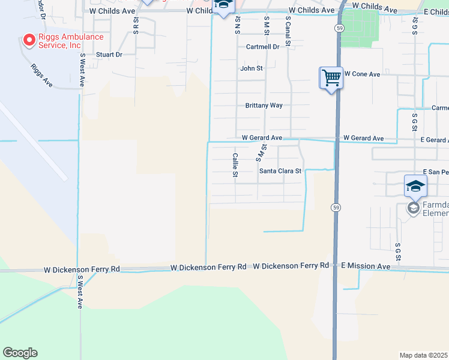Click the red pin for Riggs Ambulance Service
[x=28, y=40]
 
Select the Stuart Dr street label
[x=110, y=55]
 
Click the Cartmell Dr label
[x=262, y=47]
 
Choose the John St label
[x=252, y=68]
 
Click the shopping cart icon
[x=331, y=77]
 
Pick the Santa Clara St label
[x=280, y=171]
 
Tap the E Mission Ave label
[x=366, y=266]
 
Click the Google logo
[x=20, y=353]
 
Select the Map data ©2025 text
[x=424, y=355]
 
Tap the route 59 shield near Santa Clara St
[x=336, y=207]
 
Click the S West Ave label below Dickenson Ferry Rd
[x=80, y=292]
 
